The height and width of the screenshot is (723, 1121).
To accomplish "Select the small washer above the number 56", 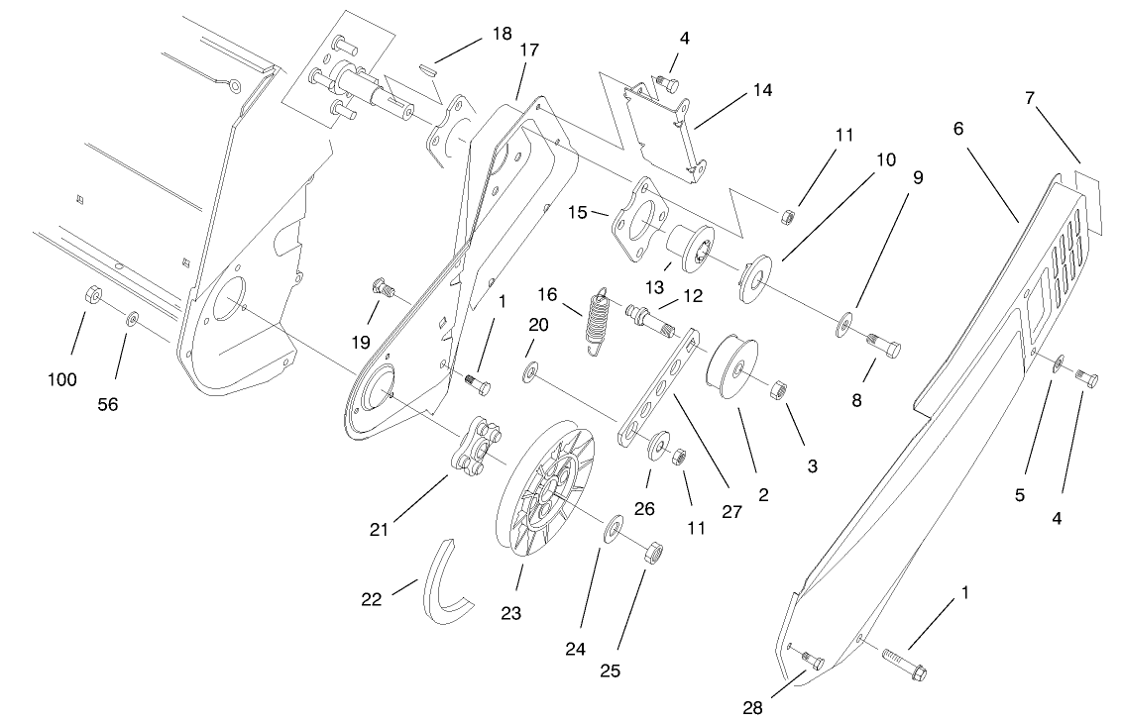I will (132, 320).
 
